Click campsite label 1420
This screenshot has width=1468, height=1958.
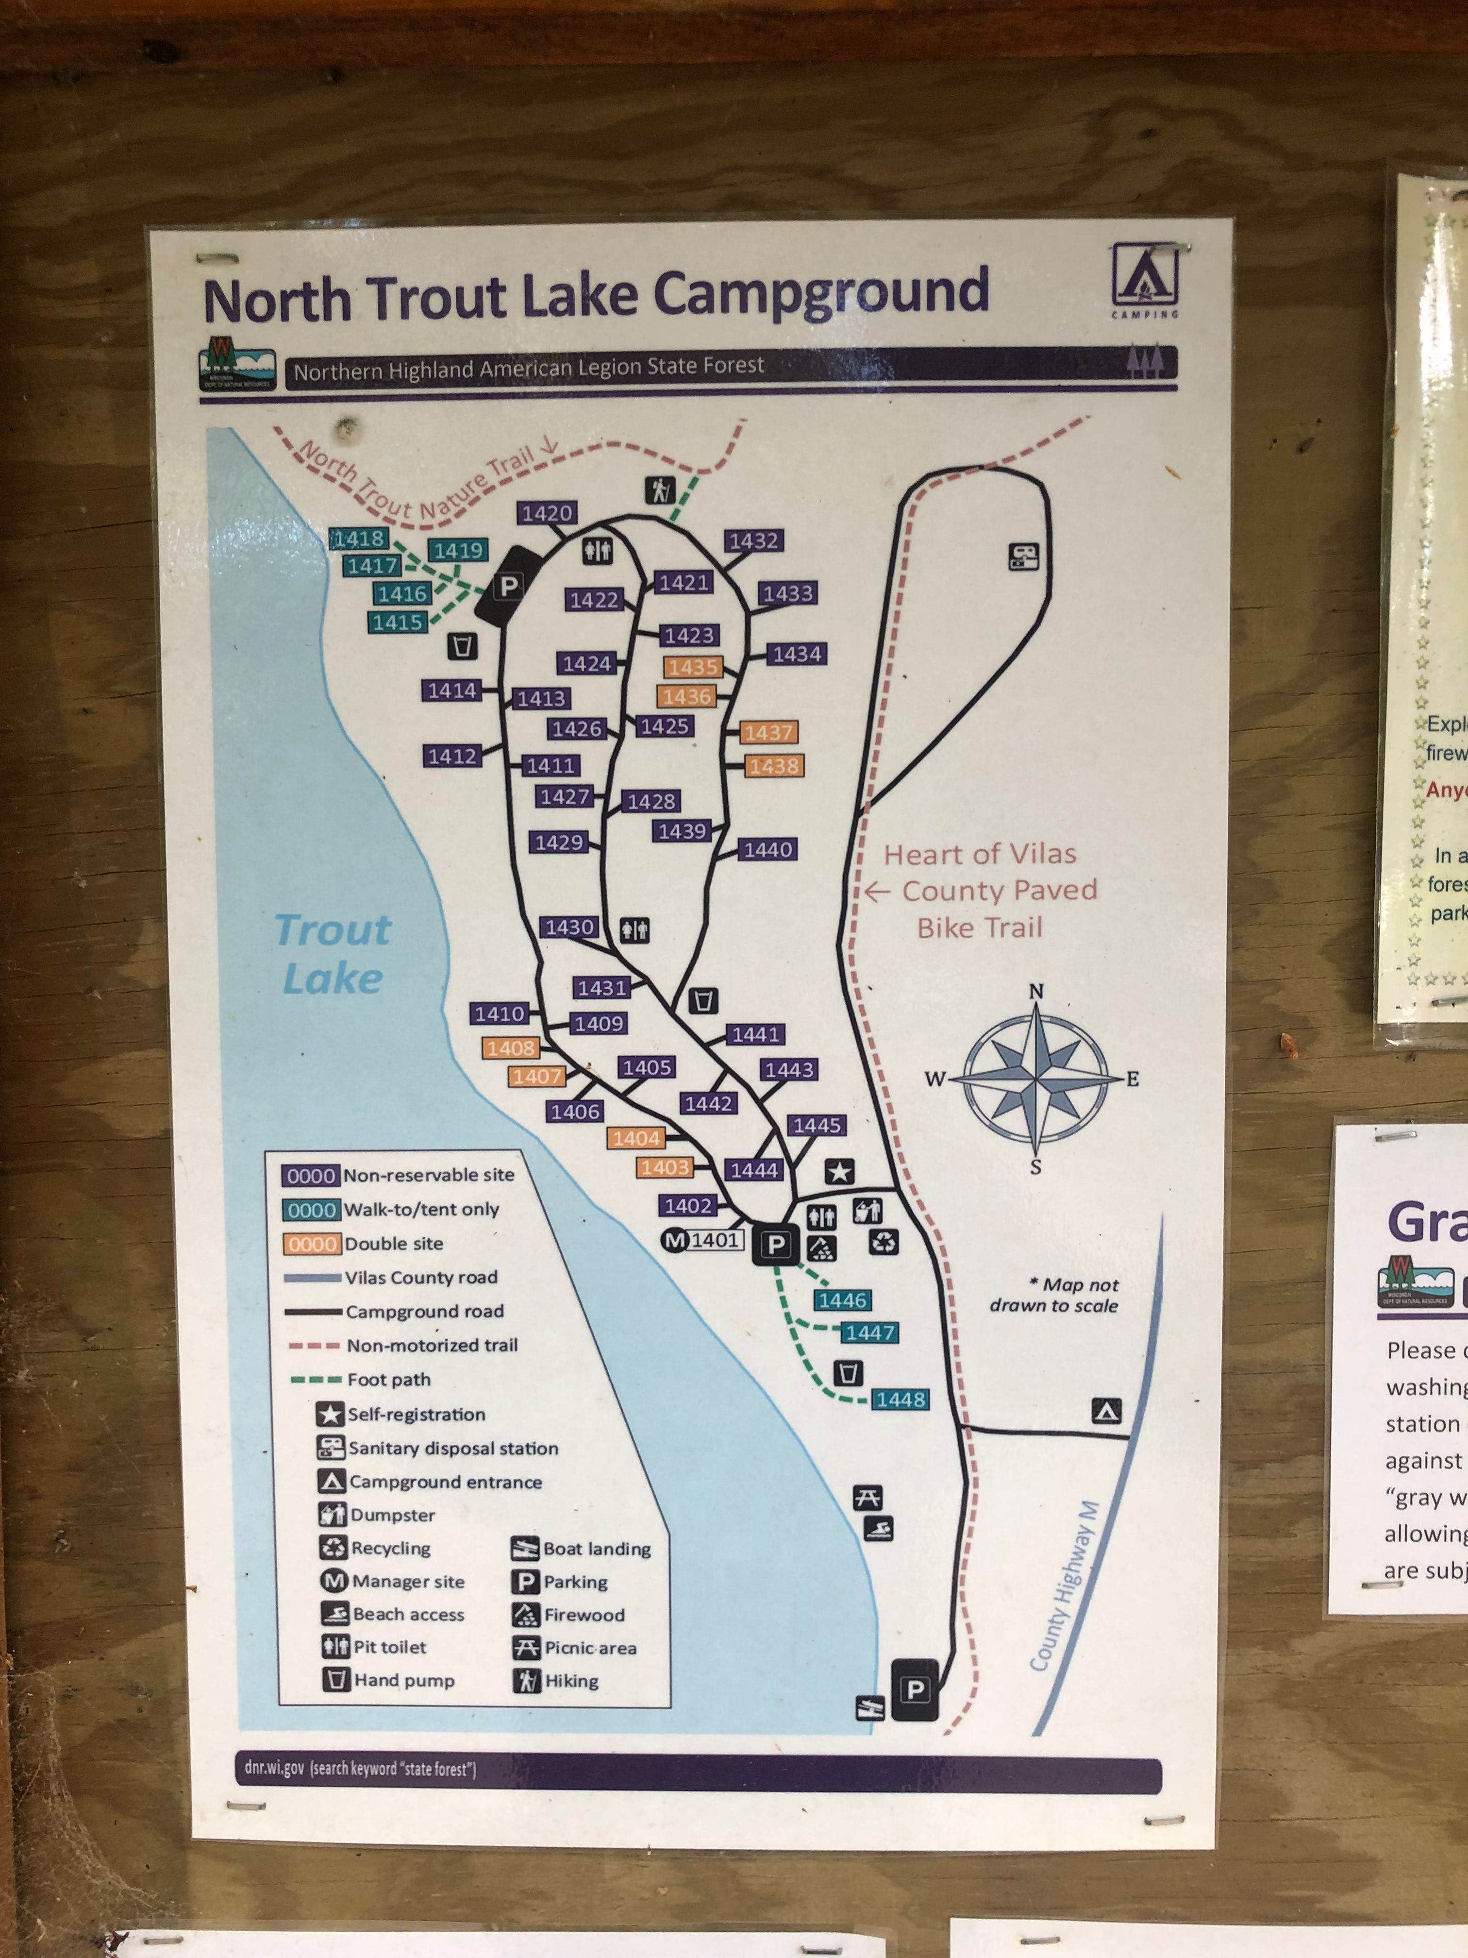click(x=547, y=512)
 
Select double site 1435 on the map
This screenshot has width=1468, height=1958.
click(x=694, y=667)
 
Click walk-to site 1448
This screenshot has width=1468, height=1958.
click(x=901, y=1400)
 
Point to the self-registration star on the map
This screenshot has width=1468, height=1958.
click(x=839, y=1172)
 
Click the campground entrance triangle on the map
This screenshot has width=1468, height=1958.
click(x=1106, y=1410)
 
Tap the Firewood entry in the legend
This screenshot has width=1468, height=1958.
click(x=584, y=1615)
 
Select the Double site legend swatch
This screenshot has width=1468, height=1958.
click(x=312, y=1244)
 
